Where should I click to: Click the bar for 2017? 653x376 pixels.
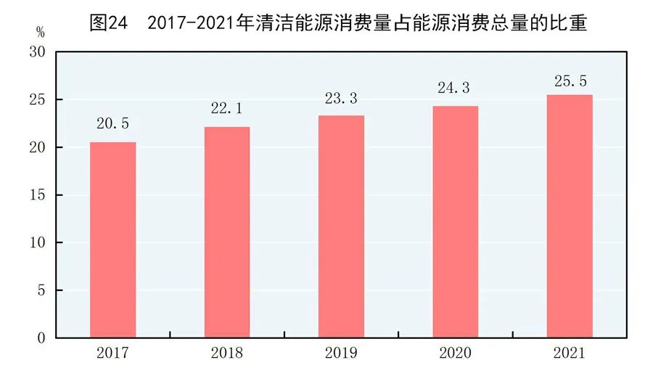[112, 240]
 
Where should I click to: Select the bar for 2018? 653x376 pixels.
[227, 232]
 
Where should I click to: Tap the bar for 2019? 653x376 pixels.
[342, 226]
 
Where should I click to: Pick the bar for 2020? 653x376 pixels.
[456, 221]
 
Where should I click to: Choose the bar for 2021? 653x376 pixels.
[570, 216]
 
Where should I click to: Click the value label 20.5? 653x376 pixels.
[112, 124]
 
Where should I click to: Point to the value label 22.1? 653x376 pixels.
[227, 109]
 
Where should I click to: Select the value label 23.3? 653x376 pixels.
[342, 97]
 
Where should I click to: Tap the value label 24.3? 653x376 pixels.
[456, 88]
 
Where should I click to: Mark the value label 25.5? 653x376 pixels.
[570, 76]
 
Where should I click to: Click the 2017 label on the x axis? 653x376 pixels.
[112, 354]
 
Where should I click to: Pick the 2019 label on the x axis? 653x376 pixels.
[342, 354]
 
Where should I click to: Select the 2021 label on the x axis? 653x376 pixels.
[570, 354]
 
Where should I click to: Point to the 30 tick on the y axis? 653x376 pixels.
[38, 52]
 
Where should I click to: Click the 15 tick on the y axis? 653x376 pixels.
[38, 195]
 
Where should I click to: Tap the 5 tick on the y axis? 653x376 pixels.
[41, 290]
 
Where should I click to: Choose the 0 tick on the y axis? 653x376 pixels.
[41, 338]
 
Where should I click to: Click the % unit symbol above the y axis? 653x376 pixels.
[40, 33]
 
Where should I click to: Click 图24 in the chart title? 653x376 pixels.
[109, 22]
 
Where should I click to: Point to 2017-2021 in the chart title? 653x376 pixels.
[191, 22]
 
